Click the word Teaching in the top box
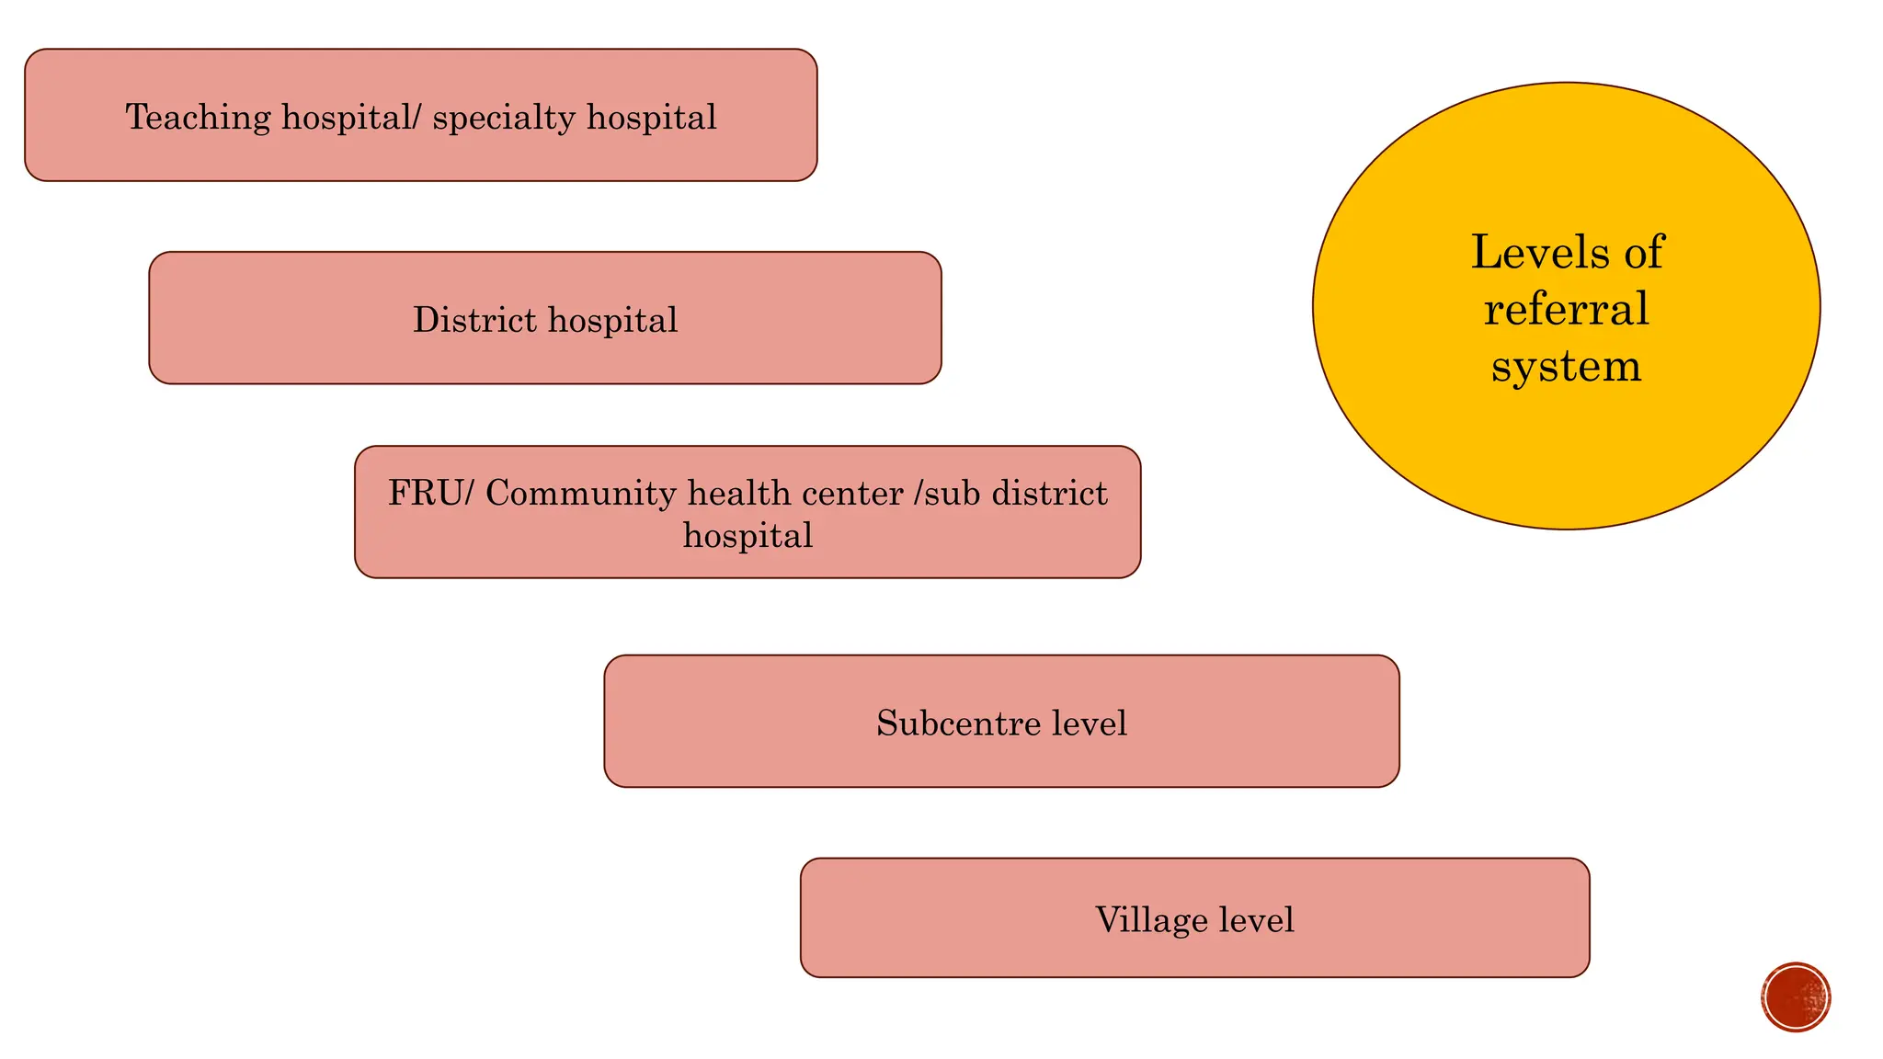pos(198,118)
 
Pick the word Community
pos(581,495)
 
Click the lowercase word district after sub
pos(1051,494)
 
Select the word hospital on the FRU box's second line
pos(747,536)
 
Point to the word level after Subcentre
pos(1090,723)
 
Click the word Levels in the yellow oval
pos(1537,252)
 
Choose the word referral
pos(1566,309)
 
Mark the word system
pos(1566,367)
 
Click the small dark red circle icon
pos(1796,997)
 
